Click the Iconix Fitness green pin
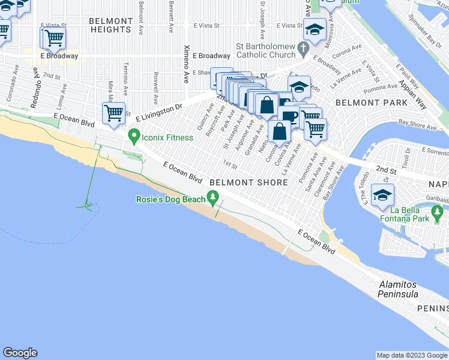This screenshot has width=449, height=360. pos(133,137)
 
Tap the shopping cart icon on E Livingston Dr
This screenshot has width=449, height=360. pos(113,113)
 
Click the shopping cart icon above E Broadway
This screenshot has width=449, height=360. pos(54,38)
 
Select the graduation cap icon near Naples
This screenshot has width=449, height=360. pos(382,194)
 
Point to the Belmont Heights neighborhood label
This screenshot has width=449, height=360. pos(110,25)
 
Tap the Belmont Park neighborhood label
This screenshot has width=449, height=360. pos(363,103)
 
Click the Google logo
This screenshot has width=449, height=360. pos(20,353)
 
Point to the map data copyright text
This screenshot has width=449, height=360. pos(411,355)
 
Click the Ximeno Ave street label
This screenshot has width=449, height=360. pos(187,59)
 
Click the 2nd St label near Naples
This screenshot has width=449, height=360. pos(387,171)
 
